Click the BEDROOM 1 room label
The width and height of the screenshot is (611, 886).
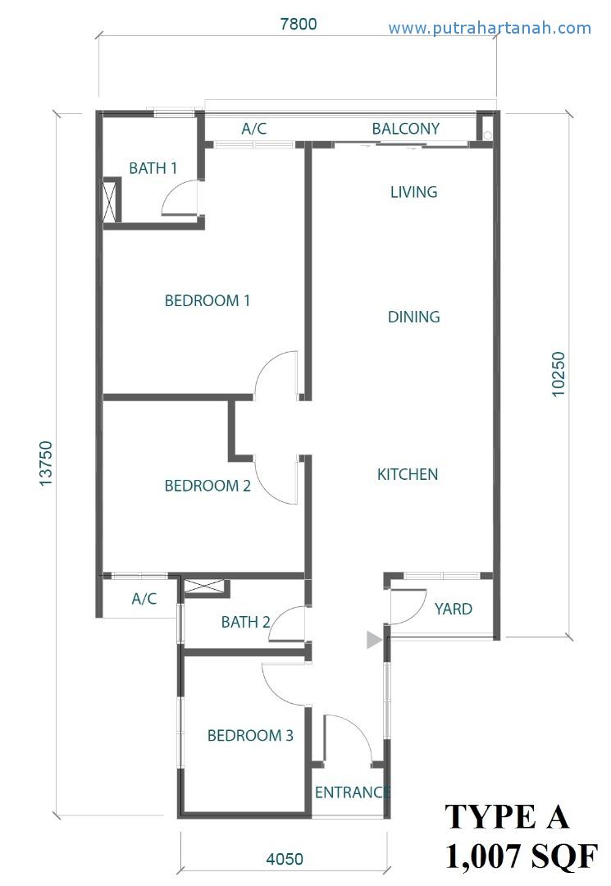click(207, 300)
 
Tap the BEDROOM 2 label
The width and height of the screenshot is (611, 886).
click(207, 486)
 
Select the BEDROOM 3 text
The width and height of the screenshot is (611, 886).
click(250, 735)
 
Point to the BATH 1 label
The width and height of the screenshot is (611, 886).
click(153, 168)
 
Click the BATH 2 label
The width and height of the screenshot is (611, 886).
click(246, 622)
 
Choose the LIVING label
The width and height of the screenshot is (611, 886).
click(414, 192)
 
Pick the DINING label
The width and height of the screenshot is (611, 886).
click(414, 317)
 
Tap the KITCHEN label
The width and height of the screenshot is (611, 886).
click(408, 474)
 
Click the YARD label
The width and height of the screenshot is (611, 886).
click(454, 609)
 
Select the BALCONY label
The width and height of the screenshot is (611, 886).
click(405, 129)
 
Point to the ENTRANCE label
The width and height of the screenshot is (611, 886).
click(353, 792)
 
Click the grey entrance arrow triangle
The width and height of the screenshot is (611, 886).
click(374, 640)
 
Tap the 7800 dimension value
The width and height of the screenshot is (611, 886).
click(299, 25)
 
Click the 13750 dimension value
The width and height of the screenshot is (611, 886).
click(46, 464)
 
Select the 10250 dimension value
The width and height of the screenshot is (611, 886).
click(558, 374)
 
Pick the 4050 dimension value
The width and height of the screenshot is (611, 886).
click(285, 859)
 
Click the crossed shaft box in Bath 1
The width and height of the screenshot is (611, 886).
click(112, 199)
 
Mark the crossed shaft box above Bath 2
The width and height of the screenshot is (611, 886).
click(207, 587)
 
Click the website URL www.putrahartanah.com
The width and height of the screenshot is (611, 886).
click(490, 28)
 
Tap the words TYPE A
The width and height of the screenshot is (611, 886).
click(507, 816)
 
